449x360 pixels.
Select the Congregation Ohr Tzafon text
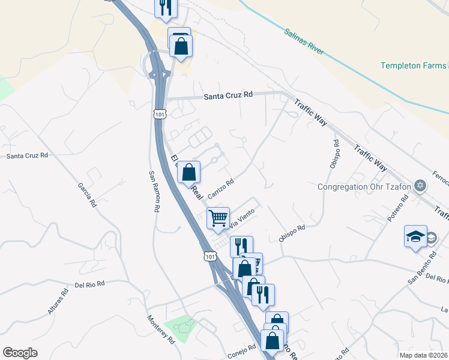click(364, 186)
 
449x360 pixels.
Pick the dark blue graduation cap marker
click(415, 237)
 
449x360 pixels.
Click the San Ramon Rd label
click(154, 191)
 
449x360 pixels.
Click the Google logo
click(20, 352)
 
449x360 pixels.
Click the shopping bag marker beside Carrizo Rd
click(188, 172)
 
